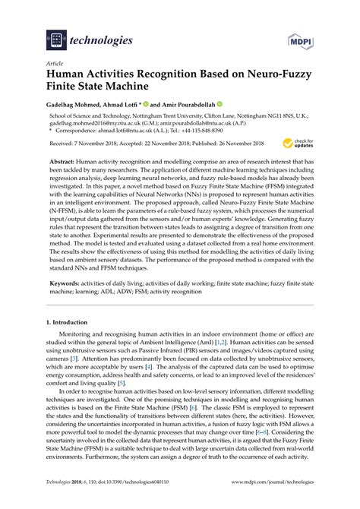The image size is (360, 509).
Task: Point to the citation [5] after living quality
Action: pos(122,384)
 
